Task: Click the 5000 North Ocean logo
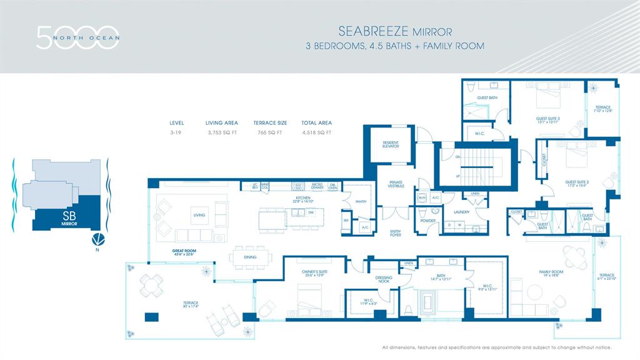tap(77, 37)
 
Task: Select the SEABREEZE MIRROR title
tap(394, 31)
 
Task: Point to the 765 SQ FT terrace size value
tap(270, 132)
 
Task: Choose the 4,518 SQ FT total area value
tap(316, 132)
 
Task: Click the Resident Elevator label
tap(391, 144)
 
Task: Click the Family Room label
tap(552, 273)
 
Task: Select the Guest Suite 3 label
tap(547, 120)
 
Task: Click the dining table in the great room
tap(251, 257)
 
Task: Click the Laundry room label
tap(461, 212)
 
